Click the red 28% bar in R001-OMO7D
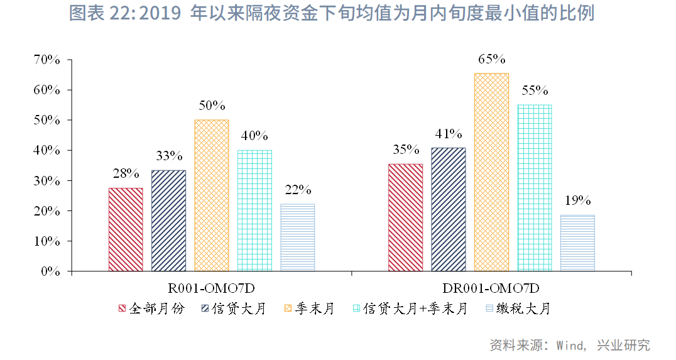point(126,229)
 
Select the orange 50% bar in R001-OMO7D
point(212,195)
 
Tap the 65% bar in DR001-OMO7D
point(491,172)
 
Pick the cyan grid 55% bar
point(534,188)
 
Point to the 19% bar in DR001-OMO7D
point(577,243)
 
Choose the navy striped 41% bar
point(449,209)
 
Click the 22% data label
point(298,190)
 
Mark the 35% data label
point(406,150)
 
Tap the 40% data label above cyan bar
point(254,136)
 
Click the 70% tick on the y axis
point(46,60)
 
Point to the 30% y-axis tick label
point(46,181)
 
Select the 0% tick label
point(50,271)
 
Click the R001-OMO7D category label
point(211,288)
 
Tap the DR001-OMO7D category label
point(491,288)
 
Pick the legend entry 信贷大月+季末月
point(416,308)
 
